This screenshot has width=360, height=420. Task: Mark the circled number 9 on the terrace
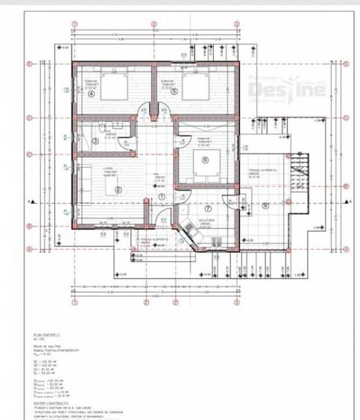pyautogui.click(x=265, y=205)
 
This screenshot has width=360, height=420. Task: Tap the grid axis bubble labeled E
pyautogui.click(x=28, y=64)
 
